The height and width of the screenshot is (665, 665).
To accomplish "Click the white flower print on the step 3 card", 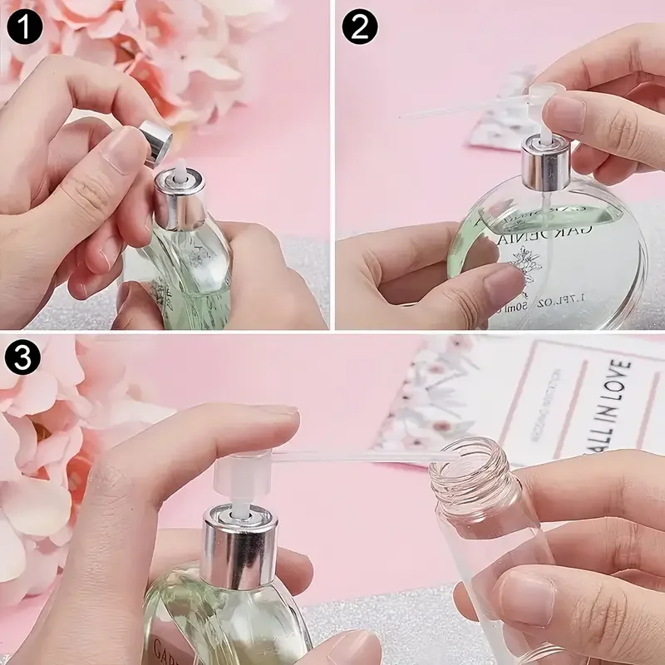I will click(432, 391).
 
